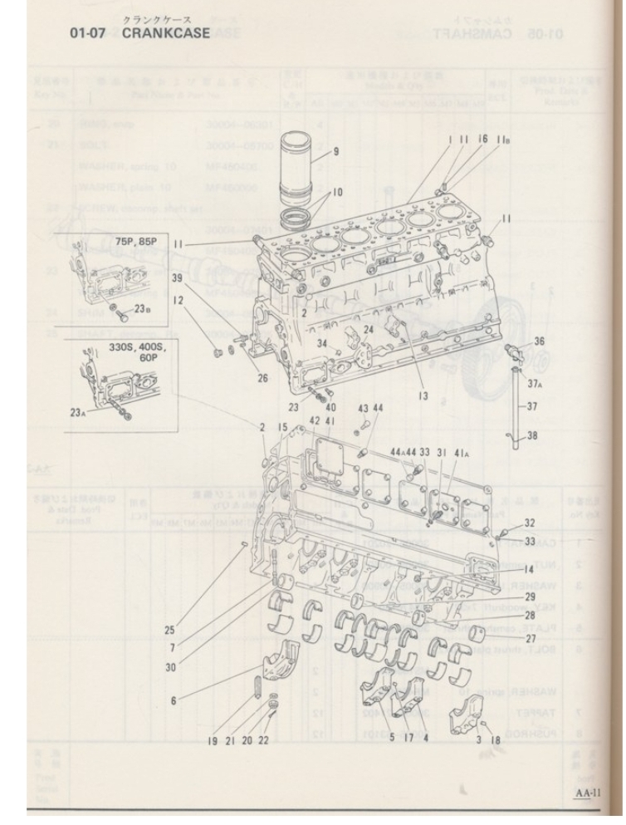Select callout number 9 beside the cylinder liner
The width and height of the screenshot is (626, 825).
(336, 151)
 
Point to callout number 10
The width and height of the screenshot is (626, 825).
(336, 192)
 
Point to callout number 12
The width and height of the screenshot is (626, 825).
(179, 300)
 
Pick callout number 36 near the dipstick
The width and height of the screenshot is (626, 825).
(539, 340)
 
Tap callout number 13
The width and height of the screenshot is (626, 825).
(423, 396)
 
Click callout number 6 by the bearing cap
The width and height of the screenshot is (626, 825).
(174, 700)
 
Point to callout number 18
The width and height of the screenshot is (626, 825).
(495, 738)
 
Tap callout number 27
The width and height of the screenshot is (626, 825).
(531, 638)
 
